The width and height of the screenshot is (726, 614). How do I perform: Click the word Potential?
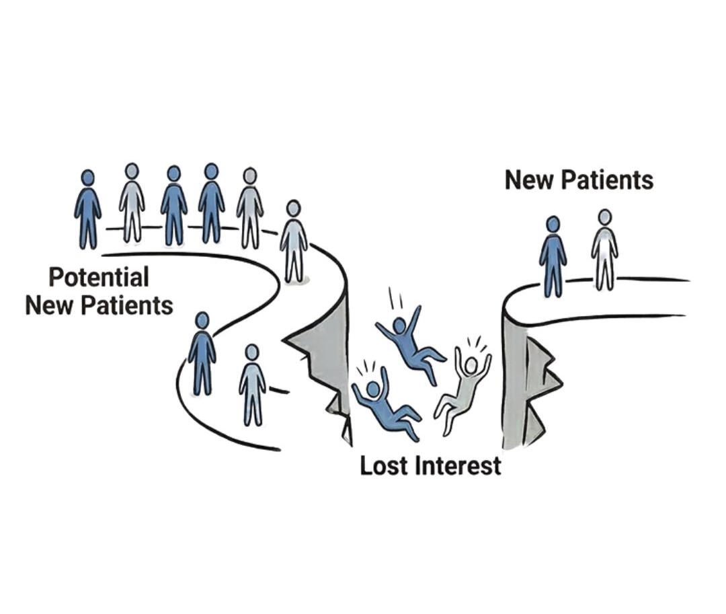pos(99,276)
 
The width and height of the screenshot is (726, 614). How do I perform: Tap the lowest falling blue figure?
pos(383,404)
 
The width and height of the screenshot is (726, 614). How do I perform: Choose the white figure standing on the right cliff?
pos(604,250)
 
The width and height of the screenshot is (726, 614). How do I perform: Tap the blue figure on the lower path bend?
pos(202,353)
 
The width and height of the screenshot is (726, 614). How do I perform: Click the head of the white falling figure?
pos(471,364)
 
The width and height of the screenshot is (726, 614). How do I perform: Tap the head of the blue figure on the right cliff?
pos(553,225)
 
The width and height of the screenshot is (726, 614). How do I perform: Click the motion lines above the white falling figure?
pos(476,342)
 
